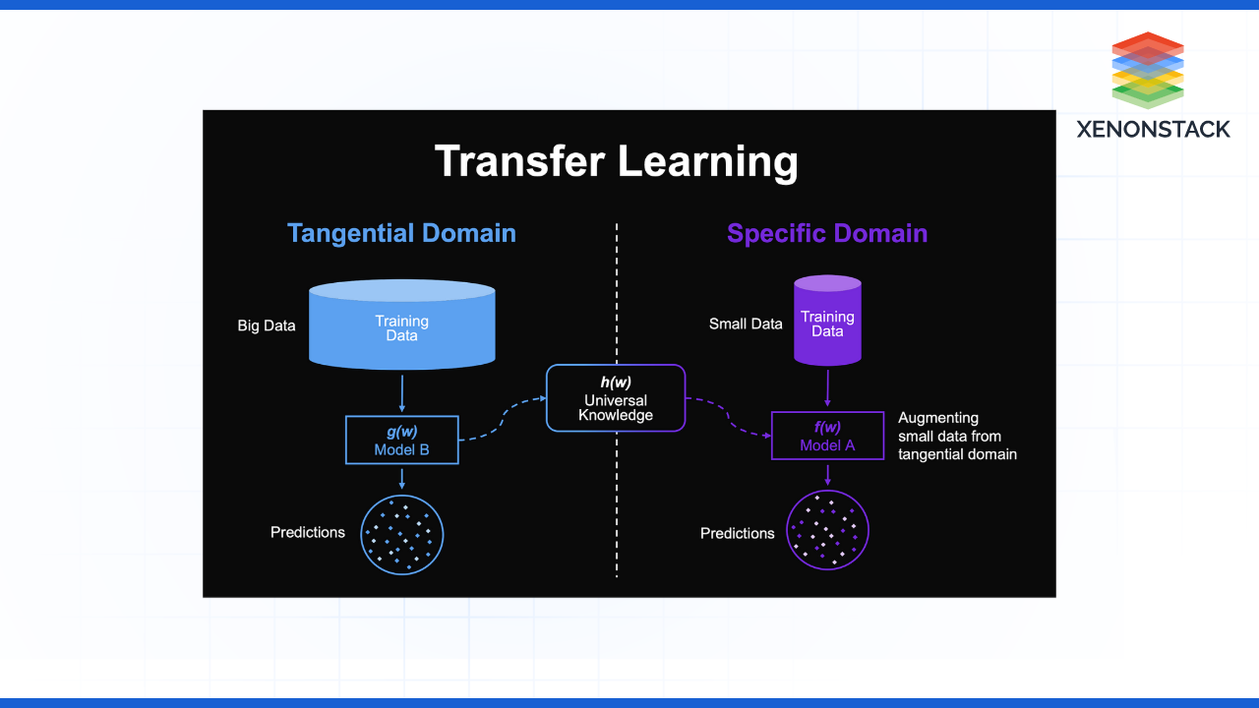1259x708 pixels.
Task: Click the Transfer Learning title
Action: (616, 161)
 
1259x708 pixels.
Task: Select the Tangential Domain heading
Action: (401, 233)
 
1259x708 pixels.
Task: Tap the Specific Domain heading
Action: (827, 233)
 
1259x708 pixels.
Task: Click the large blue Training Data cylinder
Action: (401, 324)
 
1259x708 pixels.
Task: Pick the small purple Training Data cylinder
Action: (827, 322)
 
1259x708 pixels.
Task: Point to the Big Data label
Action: (267, 325)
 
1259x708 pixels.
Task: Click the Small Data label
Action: (746, 324)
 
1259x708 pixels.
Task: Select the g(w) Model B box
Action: (401, 440)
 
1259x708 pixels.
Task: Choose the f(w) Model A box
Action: (827, 436)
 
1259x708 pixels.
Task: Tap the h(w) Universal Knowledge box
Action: (616, 398)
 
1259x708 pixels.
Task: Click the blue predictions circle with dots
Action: (401, 534)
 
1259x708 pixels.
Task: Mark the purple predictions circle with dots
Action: (827, 531)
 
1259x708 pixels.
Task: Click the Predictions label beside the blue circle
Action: (308, 532)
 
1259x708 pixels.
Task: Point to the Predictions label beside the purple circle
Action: (737, 533)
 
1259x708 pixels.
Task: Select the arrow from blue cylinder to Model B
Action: (401, 392)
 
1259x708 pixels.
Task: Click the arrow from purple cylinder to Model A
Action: (827, 387)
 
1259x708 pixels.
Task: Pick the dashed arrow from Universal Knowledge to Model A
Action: (728, 417)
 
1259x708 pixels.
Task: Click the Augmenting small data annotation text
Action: (956, 436)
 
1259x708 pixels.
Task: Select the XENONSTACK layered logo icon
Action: (1148, 70)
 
